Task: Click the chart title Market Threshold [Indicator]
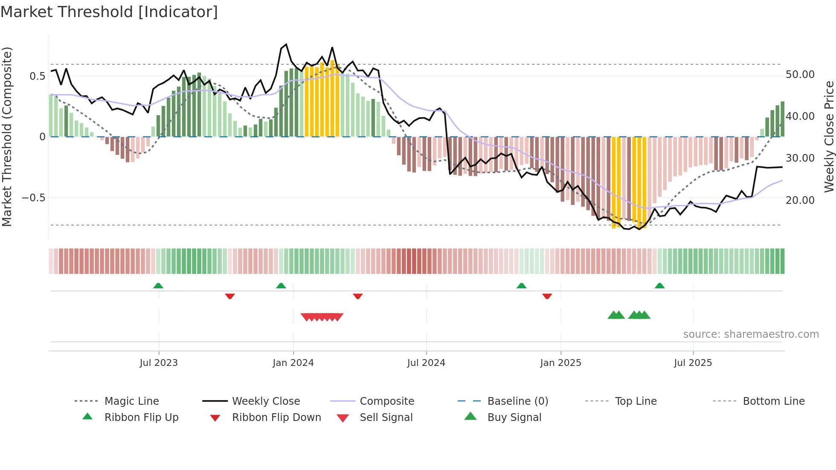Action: [109, 12]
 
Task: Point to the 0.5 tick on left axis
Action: [37, 76]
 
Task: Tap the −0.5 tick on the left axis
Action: [34, 198]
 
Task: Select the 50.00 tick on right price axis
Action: [800, 75]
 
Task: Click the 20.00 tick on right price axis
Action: [800, 200]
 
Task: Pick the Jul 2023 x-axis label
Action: [159, 363]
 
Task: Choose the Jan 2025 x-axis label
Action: [560, 363]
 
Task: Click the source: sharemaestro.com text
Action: [751, 334]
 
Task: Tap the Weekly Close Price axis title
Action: [829, 136]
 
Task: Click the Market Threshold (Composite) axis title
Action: [7, 136]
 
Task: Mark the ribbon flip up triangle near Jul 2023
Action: [158, 285]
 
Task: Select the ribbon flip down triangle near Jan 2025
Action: [547, 296]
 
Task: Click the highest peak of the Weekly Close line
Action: [286, 44]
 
